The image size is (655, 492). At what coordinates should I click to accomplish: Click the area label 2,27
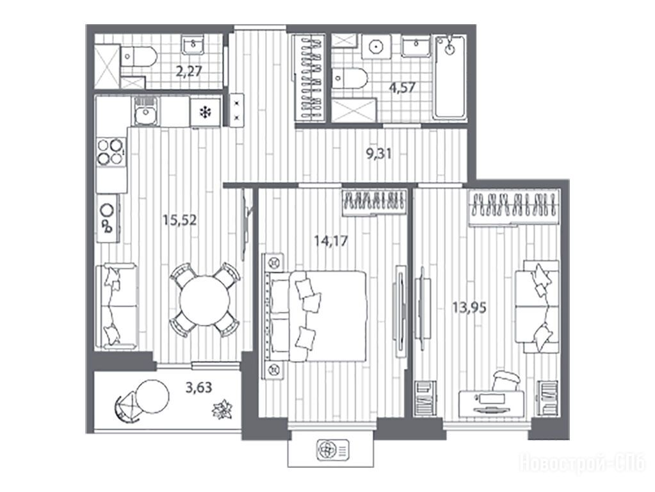coord(189,72)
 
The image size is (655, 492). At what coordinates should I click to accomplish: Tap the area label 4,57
coord(403,88)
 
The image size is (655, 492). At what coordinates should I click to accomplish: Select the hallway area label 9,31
coord(379,154)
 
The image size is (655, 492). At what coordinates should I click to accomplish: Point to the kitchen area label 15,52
coord(180,220)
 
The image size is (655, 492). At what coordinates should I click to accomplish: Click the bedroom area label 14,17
coord(331,241)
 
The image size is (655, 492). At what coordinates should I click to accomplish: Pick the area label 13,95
coord(469,307)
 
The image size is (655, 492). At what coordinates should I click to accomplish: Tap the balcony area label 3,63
coord(199,388)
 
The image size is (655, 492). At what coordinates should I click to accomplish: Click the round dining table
coord(204,300)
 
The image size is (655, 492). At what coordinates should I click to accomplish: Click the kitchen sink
coord(145,111)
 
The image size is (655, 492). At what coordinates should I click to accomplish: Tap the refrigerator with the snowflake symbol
coord(205,112)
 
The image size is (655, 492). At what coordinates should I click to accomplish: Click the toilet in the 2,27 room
coord(139,56)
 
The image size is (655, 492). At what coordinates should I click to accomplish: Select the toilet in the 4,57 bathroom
coord(350,78)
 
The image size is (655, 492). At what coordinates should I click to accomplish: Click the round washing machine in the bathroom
coord(376,46)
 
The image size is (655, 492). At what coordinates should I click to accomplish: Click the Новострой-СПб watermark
coord(582,464)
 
